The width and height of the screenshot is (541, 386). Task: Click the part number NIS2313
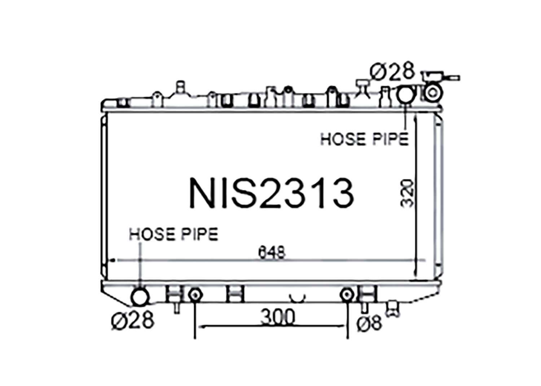coord(272,193)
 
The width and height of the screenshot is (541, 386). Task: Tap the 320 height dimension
coord(407,193)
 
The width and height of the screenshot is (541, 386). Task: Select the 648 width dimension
coord(272,253)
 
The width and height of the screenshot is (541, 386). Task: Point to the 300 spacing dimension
coord(277,316)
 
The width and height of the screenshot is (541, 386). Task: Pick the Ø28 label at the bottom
coord(133,320)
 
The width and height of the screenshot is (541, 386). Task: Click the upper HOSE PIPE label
coord(364,139)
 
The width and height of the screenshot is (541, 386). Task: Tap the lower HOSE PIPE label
coord(173,234)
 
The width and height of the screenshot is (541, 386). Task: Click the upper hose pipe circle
coord(405,94)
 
